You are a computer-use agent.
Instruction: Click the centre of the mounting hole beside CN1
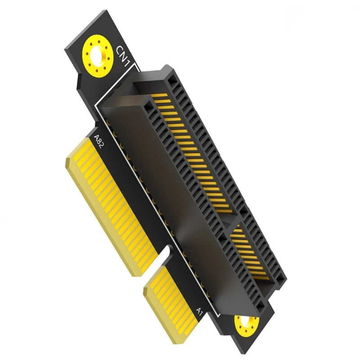[97, 57]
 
